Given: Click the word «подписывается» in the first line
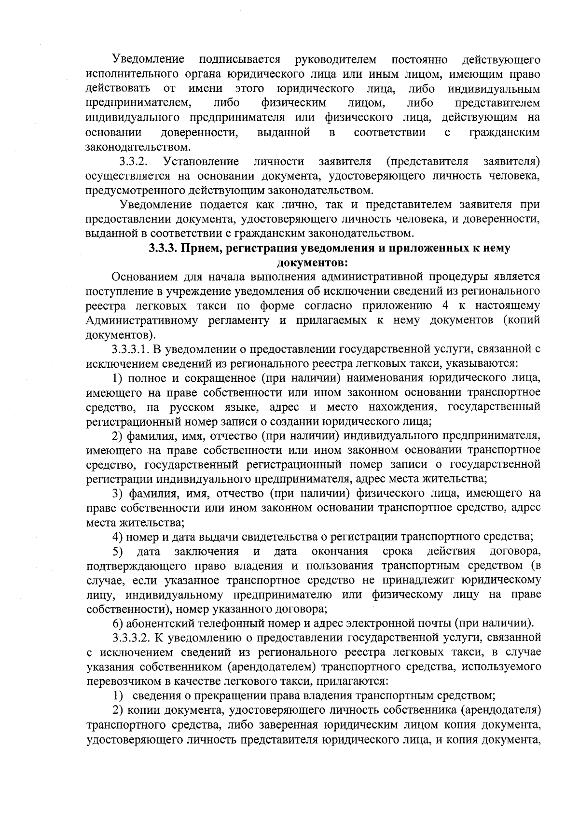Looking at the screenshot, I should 240,59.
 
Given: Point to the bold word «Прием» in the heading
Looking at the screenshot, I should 197,249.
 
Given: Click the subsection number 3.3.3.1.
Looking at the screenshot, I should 131,349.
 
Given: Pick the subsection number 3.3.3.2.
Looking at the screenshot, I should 131,638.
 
